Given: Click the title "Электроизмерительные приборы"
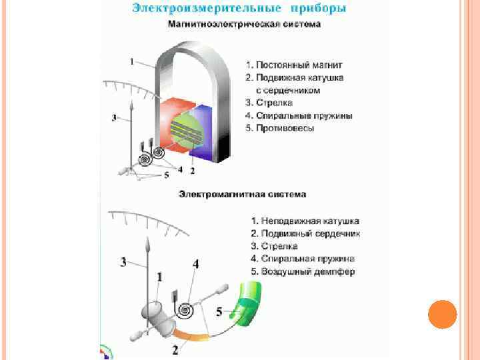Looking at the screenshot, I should [239, 9].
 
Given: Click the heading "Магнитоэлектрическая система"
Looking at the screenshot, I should [244, 25].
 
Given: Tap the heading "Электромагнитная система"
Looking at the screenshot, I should [242, 195].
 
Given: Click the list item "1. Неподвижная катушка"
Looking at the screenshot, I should [305, 221].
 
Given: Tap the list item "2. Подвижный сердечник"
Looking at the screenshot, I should [305, 233].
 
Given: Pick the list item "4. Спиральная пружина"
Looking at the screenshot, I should [302, 259].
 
